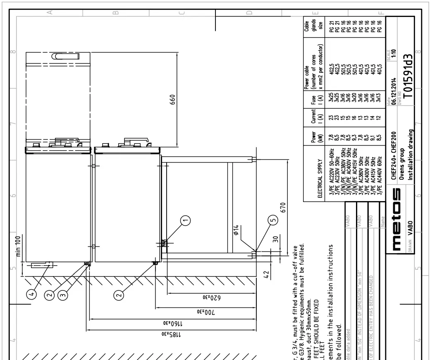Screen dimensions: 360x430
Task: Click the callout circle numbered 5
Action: click(272, 221)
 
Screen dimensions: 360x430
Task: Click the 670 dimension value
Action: click(283, 209)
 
